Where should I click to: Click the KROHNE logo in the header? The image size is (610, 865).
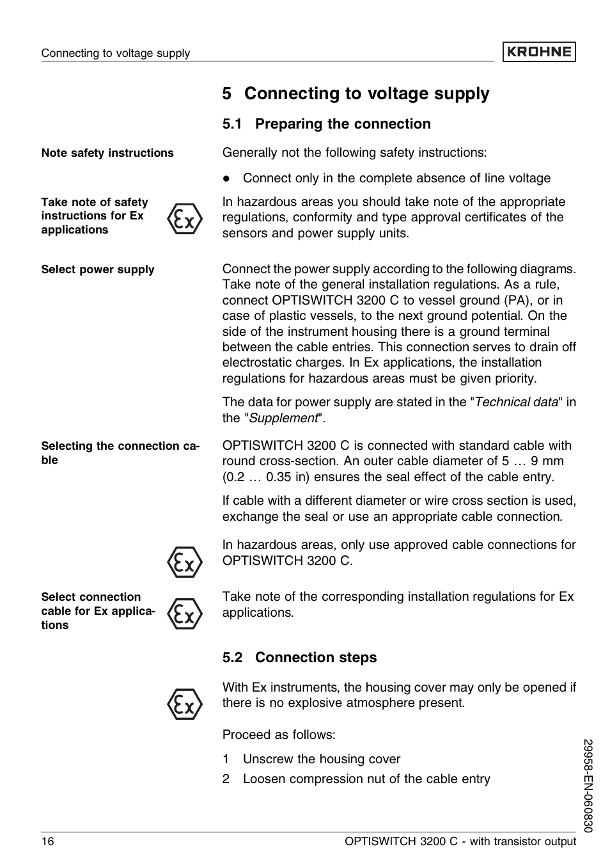click(538, 52)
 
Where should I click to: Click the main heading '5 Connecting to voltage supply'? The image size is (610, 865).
click(356, 93)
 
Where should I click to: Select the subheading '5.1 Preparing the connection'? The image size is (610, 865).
click(326, 124)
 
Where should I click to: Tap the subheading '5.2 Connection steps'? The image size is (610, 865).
click(299, 658)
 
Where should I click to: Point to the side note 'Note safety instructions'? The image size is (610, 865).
click(107, 153)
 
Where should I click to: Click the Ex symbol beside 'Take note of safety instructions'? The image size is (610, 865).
click(184, 219)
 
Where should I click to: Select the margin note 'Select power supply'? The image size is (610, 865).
click(98, 269)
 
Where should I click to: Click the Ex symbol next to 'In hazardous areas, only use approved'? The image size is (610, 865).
click(184, 562)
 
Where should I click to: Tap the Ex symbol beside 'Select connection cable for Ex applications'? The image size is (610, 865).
click(184, 614)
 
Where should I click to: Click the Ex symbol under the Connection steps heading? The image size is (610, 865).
click(184, 704)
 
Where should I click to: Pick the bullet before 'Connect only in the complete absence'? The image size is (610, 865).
click(226, 179)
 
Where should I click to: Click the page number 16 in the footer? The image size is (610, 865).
click(48, 841)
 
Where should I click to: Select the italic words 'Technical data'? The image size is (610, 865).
click(516, 402)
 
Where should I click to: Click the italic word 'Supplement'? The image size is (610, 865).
click(283, 418)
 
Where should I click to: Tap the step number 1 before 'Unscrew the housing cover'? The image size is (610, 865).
click(226, 759)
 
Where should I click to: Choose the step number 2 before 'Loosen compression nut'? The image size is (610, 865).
click(226, 779)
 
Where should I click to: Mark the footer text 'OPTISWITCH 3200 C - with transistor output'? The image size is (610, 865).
click(460, 841)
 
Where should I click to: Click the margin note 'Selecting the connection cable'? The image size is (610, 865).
click(120, 452)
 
